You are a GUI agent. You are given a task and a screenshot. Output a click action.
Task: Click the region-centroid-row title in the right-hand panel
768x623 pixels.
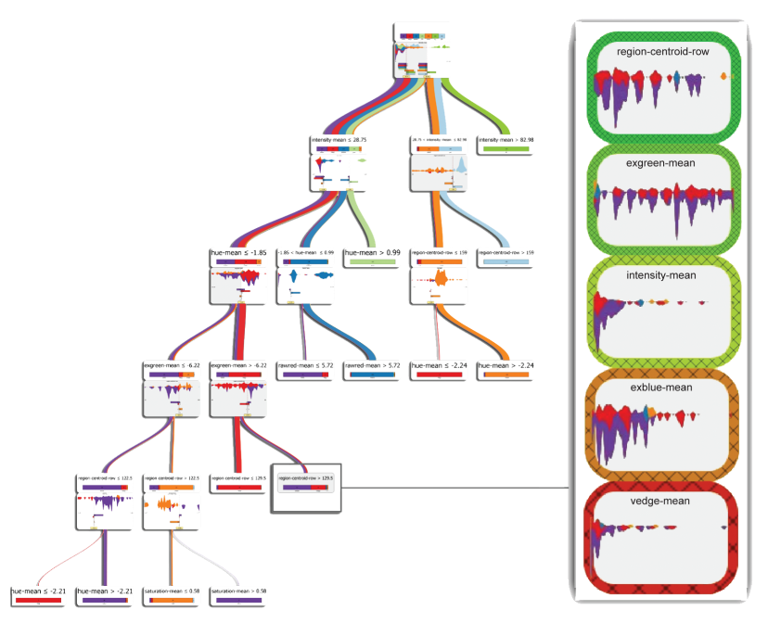662,52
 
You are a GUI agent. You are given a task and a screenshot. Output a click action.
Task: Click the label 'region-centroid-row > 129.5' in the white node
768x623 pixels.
305,477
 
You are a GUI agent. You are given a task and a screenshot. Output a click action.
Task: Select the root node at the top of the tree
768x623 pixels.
422,51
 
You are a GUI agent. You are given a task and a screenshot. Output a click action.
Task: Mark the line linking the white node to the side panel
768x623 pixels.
454,487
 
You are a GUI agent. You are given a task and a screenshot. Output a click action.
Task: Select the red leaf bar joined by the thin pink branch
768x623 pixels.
37,600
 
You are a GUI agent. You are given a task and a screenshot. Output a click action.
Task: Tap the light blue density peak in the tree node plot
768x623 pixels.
460,165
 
